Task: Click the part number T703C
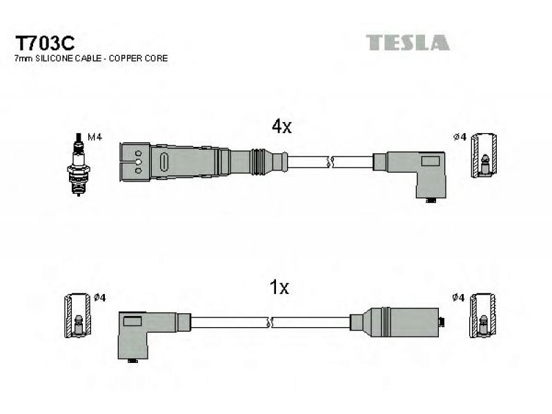point(45,43)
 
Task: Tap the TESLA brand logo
point(408,43)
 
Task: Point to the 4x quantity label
point(282,126)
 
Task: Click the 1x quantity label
point(279,287)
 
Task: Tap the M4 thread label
point(95,137)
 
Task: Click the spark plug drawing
point(79,164)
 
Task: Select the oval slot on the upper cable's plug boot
point(164,163)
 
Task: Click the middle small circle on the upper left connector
point(139,162)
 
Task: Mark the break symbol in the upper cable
point(330,162)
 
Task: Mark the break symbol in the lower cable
point(270,322)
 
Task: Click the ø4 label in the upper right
point(460,137)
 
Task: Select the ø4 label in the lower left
point(99,298)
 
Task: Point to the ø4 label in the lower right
point(458,298)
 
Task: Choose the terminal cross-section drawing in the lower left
point(78,315)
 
